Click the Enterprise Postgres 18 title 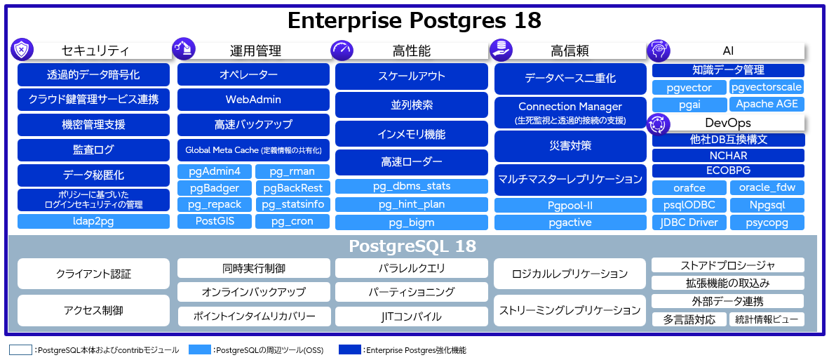click(414, 20)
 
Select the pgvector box click(690, 88)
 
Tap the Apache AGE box click(766, 104)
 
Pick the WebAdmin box click(253, 100)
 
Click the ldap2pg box click(93, 222)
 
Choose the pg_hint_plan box click(411, 204)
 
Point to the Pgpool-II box click(569, 205)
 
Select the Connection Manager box click(569, 112)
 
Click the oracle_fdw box click(767, 187)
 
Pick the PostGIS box click(214, 221)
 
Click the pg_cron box click(292, 221)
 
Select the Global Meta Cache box click(253, 150)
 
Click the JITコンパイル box click(411, 316)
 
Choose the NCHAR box click(728, 155)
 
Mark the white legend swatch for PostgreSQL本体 click(20, 349)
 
